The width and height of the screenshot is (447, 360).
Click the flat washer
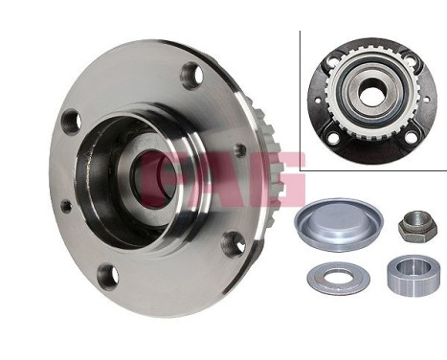point(338,277)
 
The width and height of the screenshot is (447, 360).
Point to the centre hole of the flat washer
point(338,277)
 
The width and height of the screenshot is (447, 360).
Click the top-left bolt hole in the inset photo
point(334,63)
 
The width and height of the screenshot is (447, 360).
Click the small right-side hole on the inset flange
point(423,97)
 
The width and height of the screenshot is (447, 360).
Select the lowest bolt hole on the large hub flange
point(107,275)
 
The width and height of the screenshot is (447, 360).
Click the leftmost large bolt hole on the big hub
point(70,123)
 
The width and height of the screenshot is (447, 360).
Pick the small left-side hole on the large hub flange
point(66,205)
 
